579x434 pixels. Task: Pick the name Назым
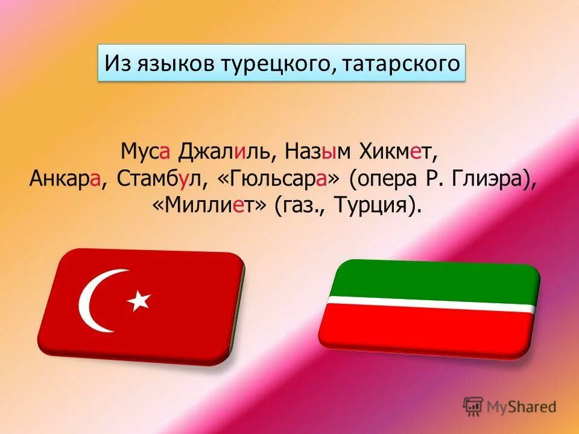tap(319, 151)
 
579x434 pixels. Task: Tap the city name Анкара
tap(65, 178)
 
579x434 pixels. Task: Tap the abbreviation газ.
tap(296, 206)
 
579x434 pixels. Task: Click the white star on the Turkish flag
tap(139, 300)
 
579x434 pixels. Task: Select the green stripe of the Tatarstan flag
tap(434, 278)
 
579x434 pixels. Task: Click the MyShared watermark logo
tap(510, 406)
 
